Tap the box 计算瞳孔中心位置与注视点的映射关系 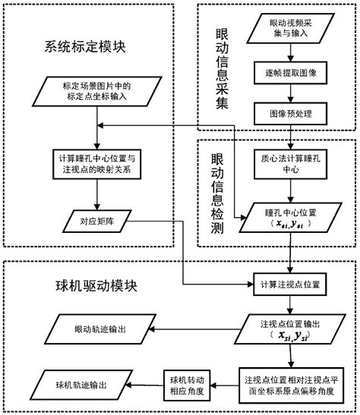point(94,165)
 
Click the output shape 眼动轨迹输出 point(90,331)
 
